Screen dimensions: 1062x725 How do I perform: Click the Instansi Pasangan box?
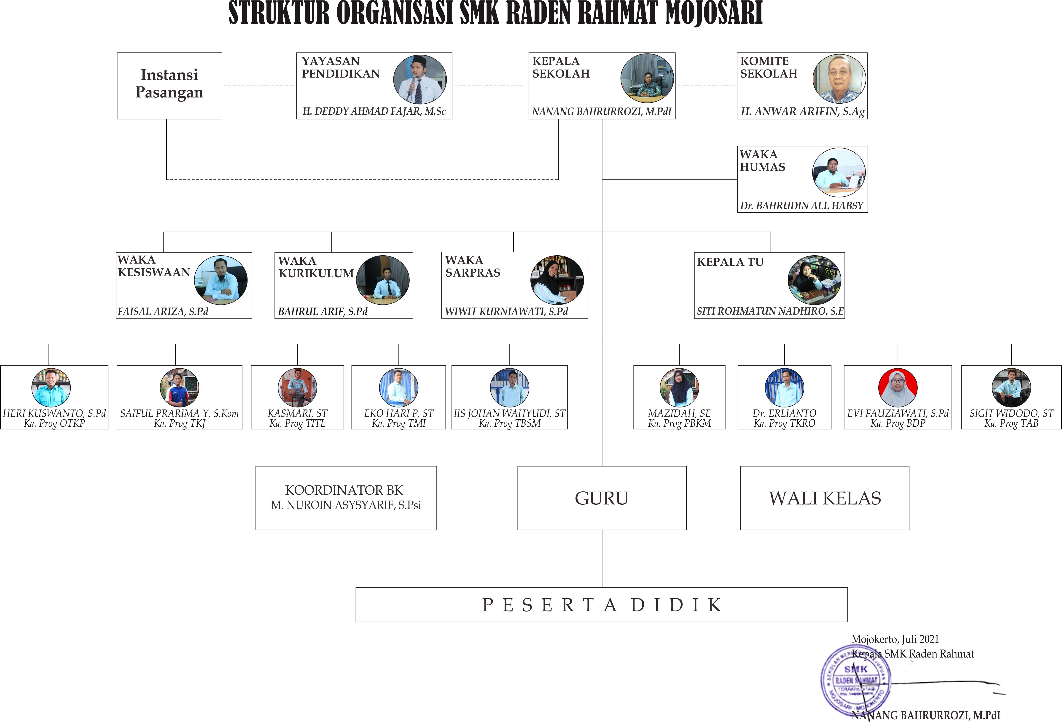point(169,86)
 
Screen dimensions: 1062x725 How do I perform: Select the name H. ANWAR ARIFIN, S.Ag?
point(802,112)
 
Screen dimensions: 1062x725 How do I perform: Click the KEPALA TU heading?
point(730,262)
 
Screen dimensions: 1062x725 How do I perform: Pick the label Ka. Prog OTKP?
point(54,423)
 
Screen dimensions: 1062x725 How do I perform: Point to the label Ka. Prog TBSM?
point(510,423)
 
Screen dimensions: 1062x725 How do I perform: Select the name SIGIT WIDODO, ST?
point(1011,413)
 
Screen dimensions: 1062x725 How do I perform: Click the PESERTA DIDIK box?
point(601,605)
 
